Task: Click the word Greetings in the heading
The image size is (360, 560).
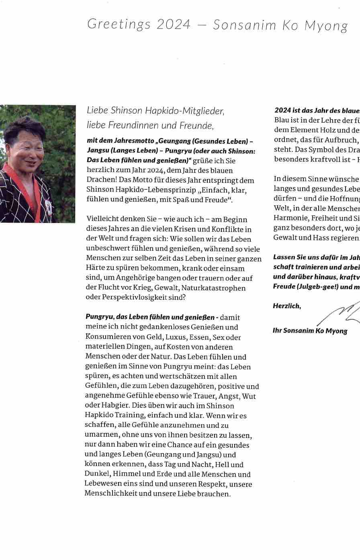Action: pyautogui.click(x=119, y=25)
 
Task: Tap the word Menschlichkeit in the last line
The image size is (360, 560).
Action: pyautogui.click(x=111, y=494)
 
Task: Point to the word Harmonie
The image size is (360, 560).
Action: pyautogui.click(x=290, y=218)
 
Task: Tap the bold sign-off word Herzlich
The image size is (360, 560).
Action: pyautogui.click(x=286, y=306)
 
